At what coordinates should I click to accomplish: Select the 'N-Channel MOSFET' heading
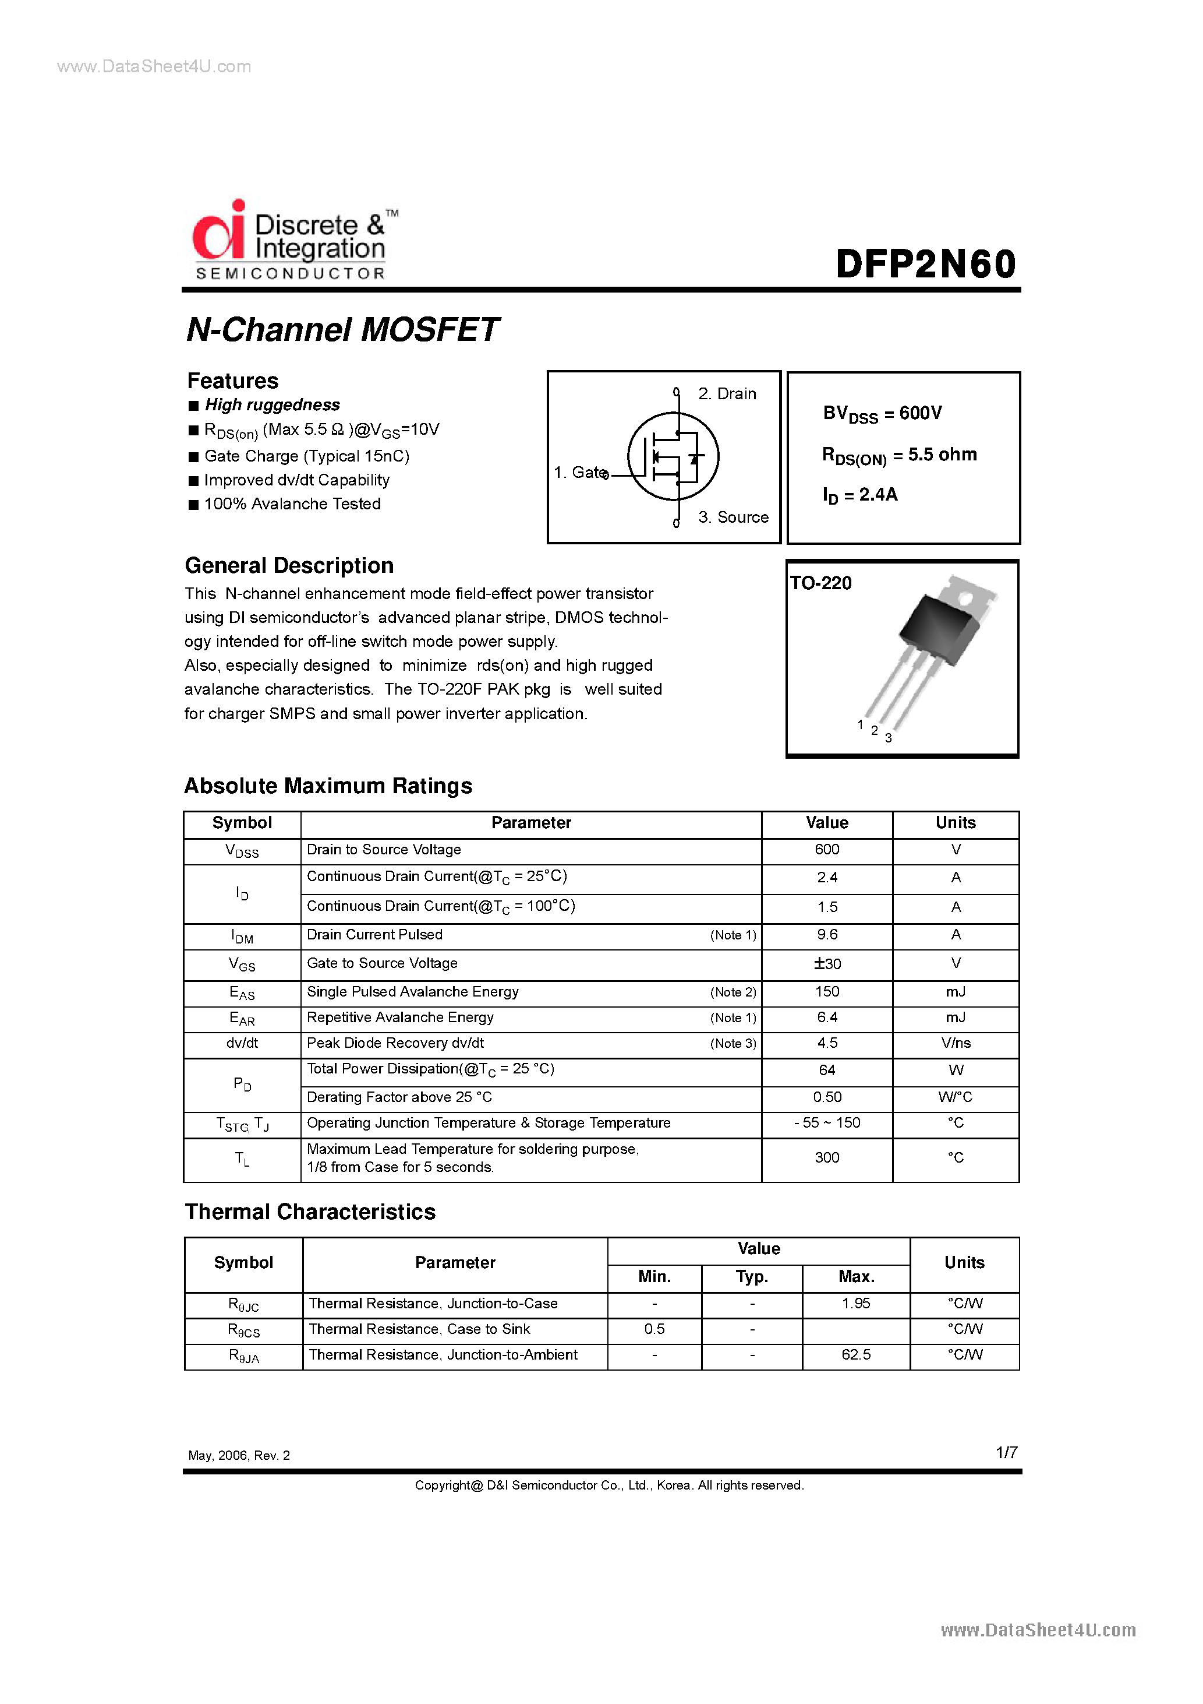pyautogui.click(x=342, y=329)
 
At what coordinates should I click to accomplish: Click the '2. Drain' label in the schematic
pyautogui.click(x=726, y=393)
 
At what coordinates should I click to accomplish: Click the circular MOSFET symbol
pyautogui.click(x=673, y=456)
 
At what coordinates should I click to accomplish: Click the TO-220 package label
pyautogui.click(x=820, y=583)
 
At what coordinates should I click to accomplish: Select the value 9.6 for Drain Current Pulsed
pyautogui.click(x=827, y=934)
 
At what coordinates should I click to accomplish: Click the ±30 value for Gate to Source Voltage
pyautogui.click(x=827, y=963)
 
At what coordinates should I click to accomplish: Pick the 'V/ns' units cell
pyautogui.click(x=956, y=1043)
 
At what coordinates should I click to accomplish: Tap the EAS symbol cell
pyautogui.click(x=242, y=993)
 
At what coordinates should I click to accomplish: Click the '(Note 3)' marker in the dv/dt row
pyautogui.click(x=733, y=1044)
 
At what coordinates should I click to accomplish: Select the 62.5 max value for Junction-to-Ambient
pyautogui.click(x=855, y=1354)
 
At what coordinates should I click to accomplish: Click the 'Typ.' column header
pyautogui.click(x=751, y=1276)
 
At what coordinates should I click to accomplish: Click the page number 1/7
pyautogui.click(x=1006, y=1452)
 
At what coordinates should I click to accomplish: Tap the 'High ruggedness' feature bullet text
pyautogui.click(x=272, y=404)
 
